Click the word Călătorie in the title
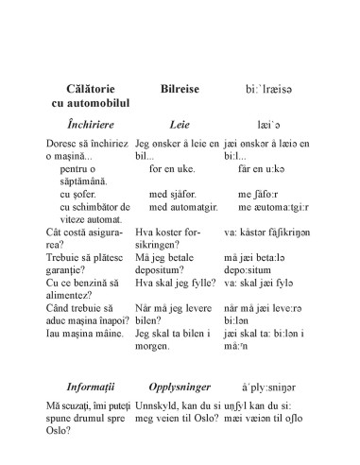click(x=85, y=86)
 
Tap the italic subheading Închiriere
click(x=84, y=124)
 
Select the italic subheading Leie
click(x=180, y=124)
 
